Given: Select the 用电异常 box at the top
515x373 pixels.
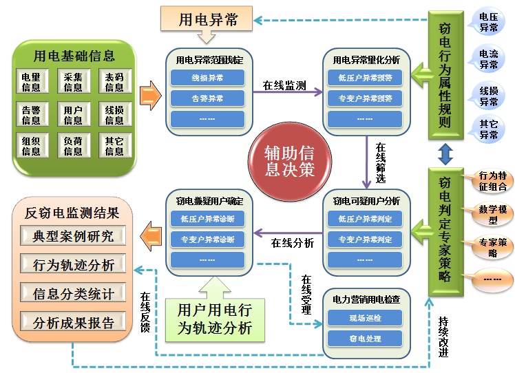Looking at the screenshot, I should coord(208,20).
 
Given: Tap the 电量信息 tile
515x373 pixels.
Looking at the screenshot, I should coord(31,83).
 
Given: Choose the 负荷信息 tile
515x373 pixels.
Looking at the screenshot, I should coord(73,146).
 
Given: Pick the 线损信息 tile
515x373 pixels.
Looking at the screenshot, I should coord(114,115).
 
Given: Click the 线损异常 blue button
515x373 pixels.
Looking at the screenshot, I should coord(207,78).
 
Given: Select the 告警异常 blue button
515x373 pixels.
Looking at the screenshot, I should coord(207,98).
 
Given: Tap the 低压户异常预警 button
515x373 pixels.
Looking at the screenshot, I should coord(365,78).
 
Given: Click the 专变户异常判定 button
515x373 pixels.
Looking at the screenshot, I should coord(365,240).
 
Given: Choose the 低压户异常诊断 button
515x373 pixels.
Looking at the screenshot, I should coord(207,220).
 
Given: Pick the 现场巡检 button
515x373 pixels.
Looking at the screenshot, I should coord(365,318).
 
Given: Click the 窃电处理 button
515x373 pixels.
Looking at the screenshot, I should coord(365,339).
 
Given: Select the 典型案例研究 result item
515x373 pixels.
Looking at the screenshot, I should coord(73,237).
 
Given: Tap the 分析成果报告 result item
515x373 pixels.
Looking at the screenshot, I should coord(73,321).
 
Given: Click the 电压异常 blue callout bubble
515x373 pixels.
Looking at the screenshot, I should coord(489,21).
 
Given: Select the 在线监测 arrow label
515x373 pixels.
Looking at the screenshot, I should coord(284,86).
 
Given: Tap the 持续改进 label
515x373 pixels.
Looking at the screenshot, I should coord(442,337).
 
